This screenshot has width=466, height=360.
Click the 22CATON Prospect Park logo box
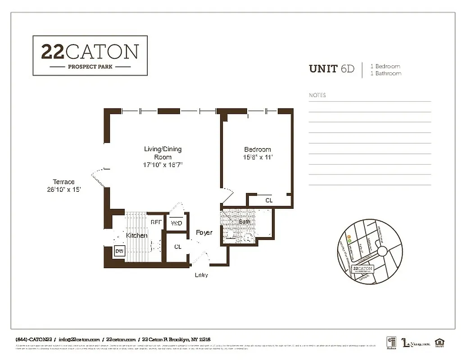click(x=90, y=55)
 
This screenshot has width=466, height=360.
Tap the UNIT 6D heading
click(x=331, y=69)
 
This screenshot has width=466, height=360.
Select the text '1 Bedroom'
click(x=385, y=66)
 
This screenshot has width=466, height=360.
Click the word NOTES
click(x=317, y=95)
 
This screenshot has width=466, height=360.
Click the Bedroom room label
click(x=258, y=153)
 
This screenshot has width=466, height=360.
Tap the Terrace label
click(x=63, y=185)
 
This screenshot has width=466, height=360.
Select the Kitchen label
click(x=136, y=235)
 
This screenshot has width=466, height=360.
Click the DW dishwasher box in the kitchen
click(x=119, y=251)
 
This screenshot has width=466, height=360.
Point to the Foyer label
click(x=204, y=233)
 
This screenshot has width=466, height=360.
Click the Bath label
click(x=244, y=221)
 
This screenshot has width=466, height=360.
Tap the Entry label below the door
click(x=201, y=275)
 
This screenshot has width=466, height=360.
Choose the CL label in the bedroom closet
click(x=269, y=200)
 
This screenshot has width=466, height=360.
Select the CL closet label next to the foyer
click(x=178, y=247)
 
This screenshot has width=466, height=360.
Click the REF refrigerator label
click(x=156, y=222)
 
